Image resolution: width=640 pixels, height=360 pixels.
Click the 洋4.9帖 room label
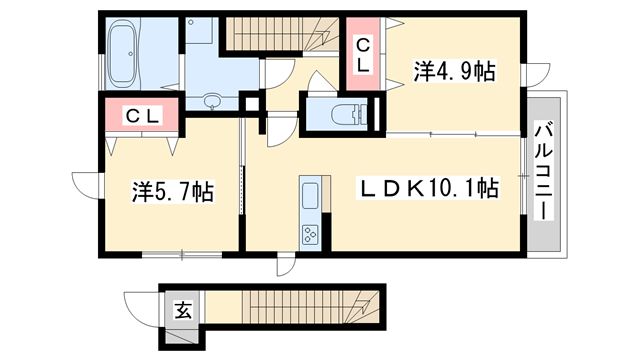pos(455,72)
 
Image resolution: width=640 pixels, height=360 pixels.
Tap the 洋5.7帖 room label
pos(172,190)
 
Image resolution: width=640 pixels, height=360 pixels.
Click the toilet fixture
pos(344,113)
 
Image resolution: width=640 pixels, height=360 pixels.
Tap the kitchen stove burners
pos(310,236)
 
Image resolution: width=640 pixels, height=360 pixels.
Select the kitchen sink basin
pos(309,192)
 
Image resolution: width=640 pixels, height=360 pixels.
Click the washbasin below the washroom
pos(212,102)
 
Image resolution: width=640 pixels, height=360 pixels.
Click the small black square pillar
pos(251,101)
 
